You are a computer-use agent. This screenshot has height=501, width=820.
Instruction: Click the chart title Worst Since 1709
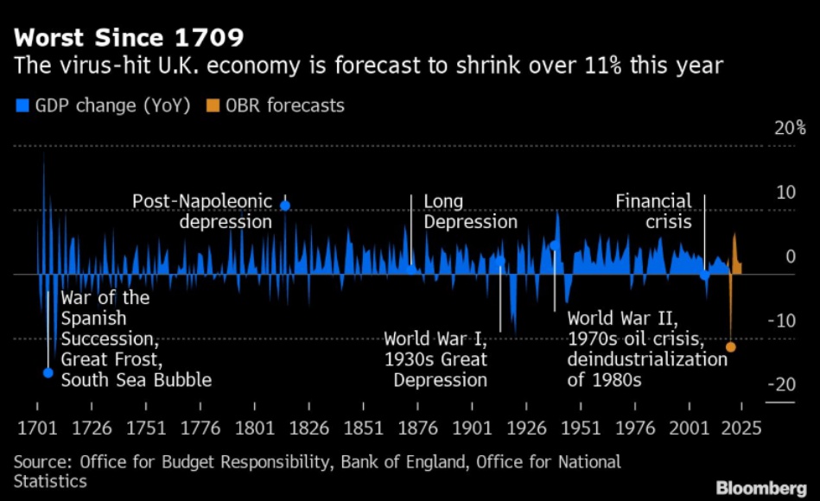click(128, 39)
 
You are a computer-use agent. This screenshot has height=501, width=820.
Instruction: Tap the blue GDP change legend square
click(22, 106)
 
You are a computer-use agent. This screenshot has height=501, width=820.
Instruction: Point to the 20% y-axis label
click(790, 129)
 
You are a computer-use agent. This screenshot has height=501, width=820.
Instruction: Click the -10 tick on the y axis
click(783, 320)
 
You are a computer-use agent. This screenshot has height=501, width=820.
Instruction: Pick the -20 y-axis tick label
click(783, 384)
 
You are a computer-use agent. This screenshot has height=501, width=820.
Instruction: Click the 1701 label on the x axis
click(37, 428)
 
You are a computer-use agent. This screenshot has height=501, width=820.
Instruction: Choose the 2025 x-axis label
click(742, 428)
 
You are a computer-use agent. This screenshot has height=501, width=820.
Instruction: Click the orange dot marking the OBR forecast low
click(731, 347)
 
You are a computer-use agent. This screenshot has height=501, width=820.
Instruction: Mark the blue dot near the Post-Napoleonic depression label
click(285, 206)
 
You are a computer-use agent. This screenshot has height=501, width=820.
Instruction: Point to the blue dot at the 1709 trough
click(48, 373)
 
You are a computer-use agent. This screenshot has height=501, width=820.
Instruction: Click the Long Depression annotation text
click(470, 212)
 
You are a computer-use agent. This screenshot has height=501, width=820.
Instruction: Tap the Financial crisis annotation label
click(654, 212)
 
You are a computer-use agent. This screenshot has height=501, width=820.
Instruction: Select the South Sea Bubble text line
click(137, 380)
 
